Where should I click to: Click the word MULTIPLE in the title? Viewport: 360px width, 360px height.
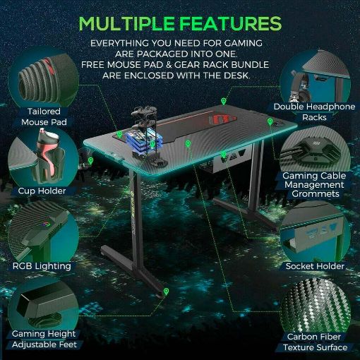coord(127,23)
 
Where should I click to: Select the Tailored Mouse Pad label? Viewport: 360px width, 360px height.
coord(44,116)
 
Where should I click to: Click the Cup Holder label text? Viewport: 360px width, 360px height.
coord(42,191)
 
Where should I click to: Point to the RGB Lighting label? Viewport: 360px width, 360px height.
coord(42,266)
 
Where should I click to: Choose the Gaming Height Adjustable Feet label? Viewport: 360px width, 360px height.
coord(44,339)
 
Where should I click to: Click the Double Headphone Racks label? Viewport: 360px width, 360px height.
coord(314,112)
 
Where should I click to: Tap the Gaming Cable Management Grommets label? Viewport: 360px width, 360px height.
coord(314,185)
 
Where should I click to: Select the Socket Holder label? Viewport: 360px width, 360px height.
coord(315,266)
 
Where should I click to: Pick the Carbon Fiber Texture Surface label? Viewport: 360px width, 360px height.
coord(315,342)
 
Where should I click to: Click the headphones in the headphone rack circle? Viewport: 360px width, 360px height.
coord(300,88)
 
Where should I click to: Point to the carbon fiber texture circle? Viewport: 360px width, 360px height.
coord(316,306)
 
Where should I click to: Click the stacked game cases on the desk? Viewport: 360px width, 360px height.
coord(136,141)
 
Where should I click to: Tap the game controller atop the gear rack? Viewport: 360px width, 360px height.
coord(144,111)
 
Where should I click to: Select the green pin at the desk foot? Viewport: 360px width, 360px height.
coord(167,292)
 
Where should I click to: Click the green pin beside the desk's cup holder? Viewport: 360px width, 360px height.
coord(90,161)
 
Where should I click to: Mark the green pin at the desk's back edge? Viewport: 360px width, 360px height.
coord(223,102)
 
